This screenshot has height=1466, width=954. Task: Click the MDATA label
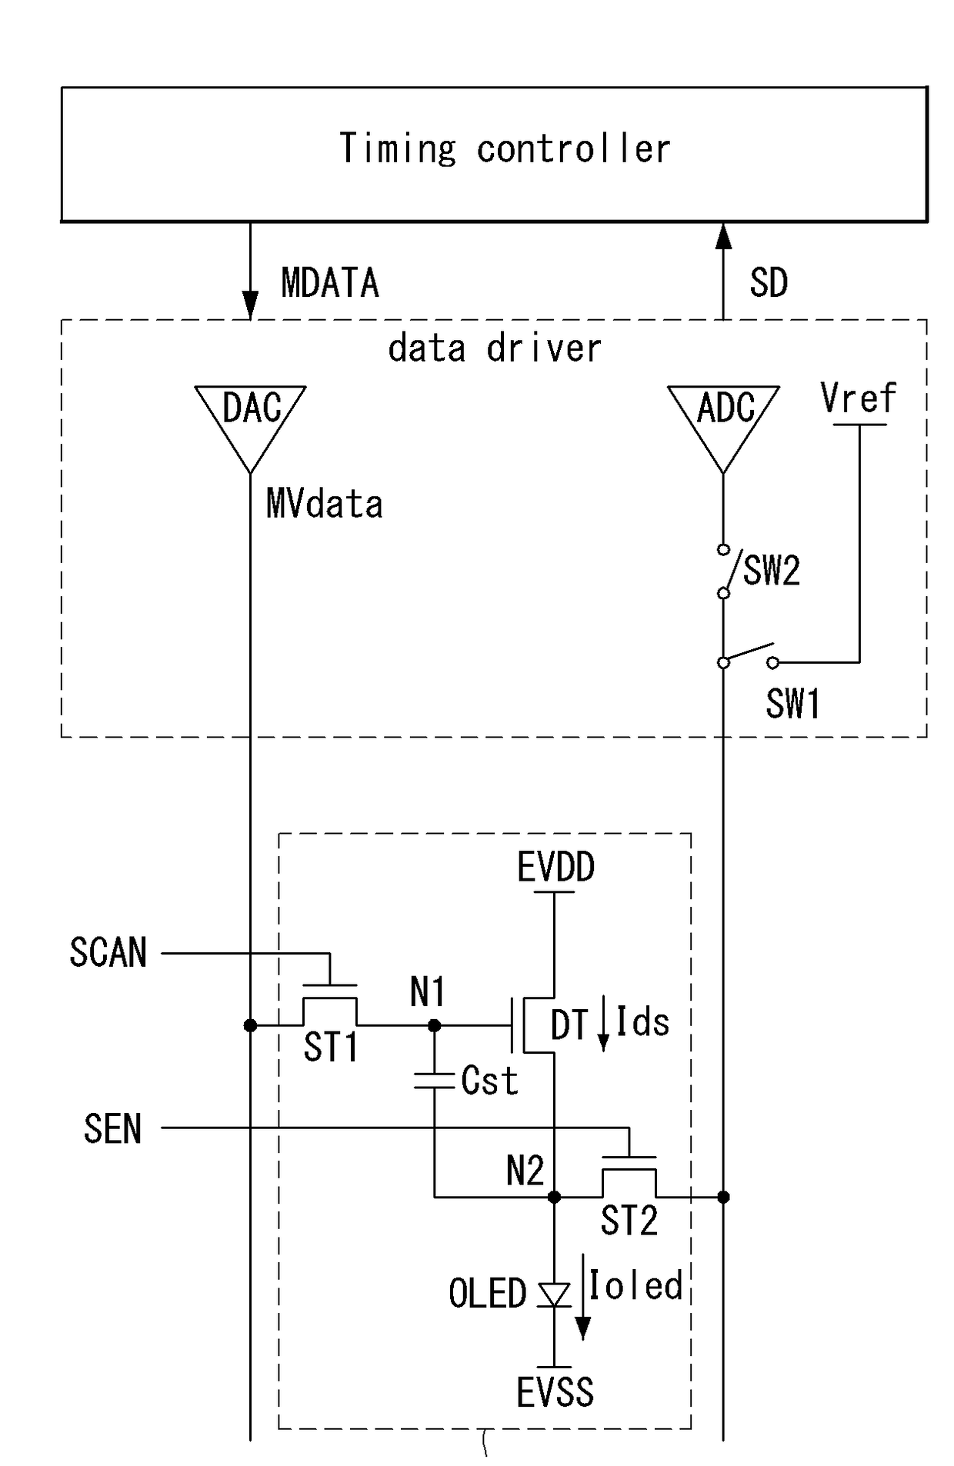(330, 283)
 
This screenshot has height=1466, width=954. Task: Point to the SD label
(769, 283)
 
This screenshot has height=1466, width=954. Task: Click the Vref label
(858, 398)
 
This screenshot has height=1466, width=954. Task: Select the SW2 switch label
(772, 571)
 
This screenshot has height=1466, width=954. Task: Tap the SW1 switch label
(792, 703)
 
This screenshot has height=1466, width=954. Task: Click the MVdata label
(324, 504)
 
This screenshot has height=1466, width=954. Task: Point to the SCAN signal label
(108, 952)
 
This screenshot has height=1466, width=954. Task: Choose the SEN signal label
(112, 1129)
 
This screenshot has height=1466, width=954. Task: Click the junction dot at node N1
(434, 1025)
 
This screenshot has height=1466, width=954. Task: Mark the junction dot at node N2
(554, 1197)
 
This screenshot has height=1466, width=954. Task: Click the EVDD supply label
(555, 868)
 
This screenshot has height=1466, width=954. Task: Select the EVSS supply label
(555, 1392)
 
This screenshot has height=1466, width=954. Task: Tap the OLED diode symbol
(554, 1295)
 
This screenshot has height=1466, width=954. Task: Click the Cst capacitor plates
(434, 1080)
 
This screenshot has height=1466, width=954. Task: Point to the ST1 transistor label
(331, 1047)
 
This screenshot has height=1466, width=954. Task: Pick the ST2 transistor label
(629, 1221)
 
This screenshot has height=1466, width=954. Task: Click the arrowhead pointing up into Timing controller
(723, 236)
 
